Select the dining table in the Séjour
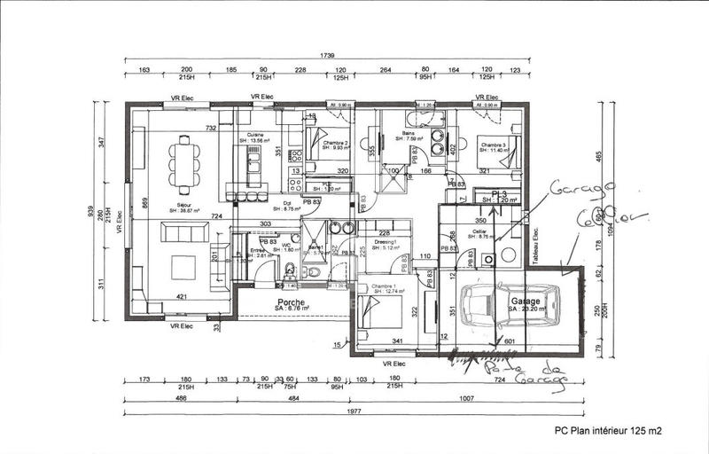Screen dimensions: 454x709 pos(184,164)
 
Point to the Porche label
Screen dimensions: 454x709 pos(292,303)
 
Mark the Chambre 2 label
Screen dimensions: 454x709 pos(335,145)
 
